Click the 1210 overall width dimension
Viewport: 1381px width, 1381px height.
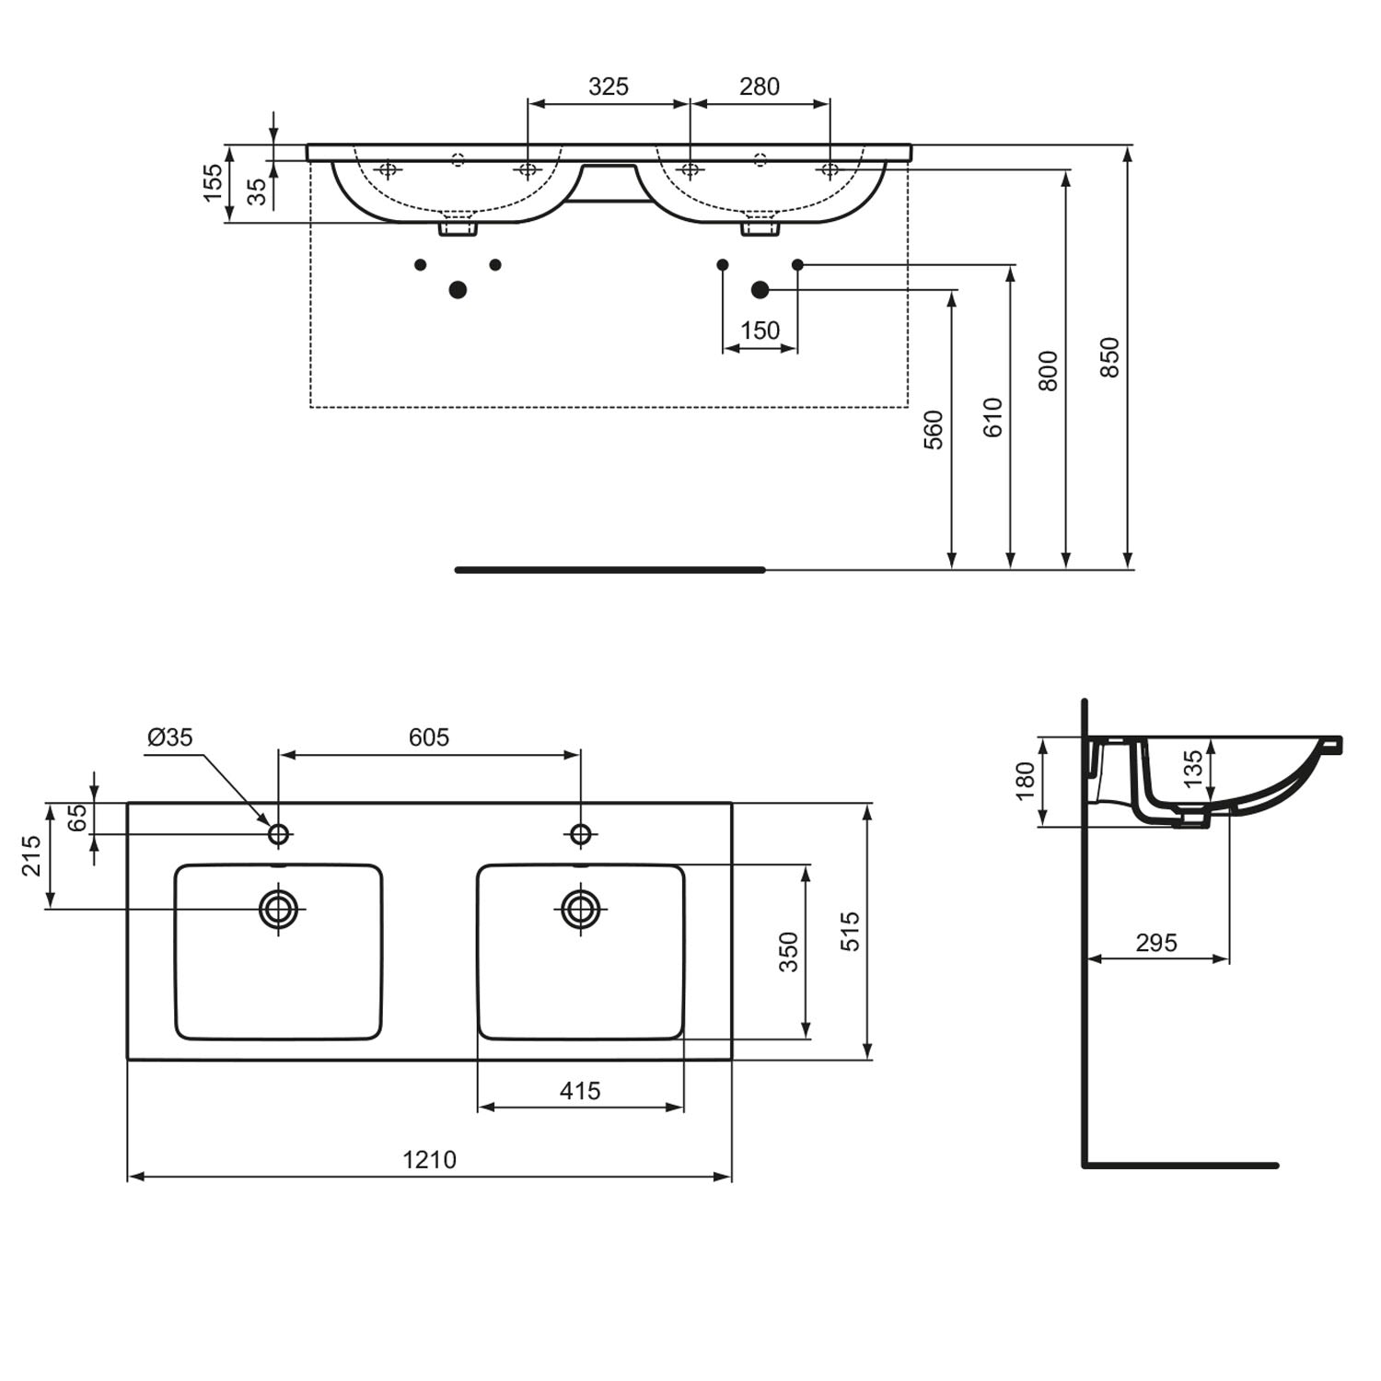point(429,1159)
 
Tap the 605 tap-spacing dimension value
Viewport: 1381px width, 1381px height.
point(429,737)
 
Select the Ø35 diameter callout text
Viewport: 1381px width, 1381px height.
point(170,737)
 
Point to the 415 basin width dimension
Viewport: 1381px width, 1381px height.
point(580,1091)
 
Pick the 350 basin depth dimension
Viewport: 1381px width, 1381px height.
point(789,952)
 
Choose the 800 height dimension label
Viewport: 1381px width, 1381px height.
point(1049,371)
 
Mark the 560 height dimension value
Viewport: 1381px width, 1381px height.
point(934,430)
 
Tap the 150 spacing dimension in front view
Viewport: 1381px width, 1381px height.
point(760,331)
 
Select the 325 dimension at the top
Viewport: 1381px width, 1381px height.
point(609,87)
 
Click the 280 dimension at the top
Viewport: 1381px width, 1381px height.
point(760,87)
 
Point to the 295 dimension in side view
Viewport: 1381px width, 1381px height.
point(1156,943)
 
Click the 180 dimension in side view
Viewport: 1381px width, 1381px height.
point(1026,782)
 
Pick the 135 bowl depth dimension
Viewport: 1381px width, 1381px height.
point(1192,770)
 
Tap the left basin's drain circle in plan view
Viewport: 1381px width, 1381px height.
point(278,910)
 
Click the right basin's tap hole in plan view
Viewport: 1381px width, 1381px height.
point(580,834)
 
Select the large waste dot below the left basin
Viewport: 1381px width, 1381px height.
point(458,290)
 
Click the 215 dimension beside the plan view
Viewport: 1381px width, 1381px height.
point(32,856)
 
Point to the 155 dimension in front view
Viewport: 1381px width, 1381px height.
point(213,183)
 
